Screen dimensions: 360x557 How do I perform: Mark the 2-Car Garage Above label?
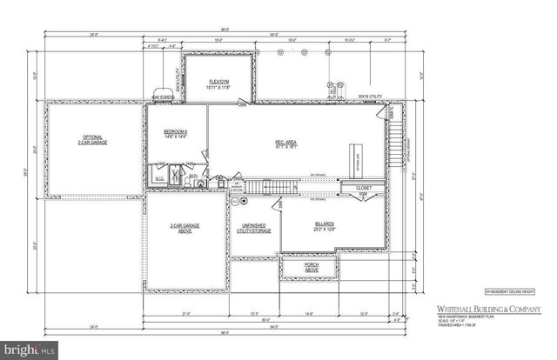[185, 228]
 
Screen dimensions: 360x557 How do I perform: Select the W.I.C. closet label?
[159, 178]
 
